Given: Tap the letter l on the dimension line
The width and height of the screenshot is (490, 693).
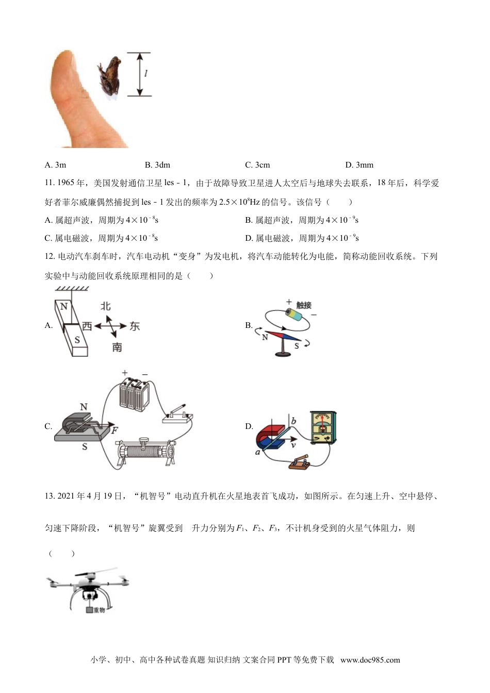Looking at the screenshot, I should pos(146,74).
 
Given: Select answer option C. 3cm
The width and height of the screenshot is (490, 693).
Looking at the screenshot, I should pos(257,165).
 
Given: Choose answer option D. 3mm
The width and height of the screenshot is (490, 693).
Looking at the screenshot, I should pos(359,165).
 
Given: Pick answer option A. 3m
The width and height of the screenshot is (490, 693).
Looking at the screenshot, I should pos(56,165).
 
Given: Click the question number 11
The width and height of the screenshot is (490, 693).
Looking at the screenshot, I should pos(50,183).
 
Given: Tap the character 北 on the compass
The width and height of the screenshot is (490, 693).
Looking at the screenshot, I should pos(106,306).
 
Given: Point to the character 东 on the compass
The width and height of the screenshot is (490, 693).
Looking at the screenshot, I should pos(135,326).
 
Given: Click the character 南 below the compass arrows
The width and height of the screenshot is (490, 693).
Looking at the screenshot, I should pos(117,347).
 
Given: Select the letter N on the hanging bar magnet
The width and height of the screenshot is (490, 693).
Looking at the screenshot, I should pos(64,307).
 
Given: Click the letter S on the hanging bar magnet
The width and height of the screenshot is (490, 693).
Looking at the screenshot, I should pos(77,340).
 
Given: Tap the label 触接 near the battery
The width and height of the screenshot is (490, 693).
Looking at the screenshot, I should pos(304,305).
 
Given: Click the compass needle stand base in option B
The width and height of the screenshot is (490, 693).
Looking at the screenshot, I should pos(282,354).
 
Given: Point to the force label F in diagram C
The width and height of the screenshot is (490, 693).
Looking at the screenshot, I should pos(115,430).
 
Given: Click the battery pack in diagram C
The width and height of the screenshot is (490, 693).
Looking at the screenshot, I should pos(135,394).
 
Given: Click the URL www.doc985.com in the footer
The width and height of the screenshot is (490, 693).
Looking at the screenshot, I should pos(370,660).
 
